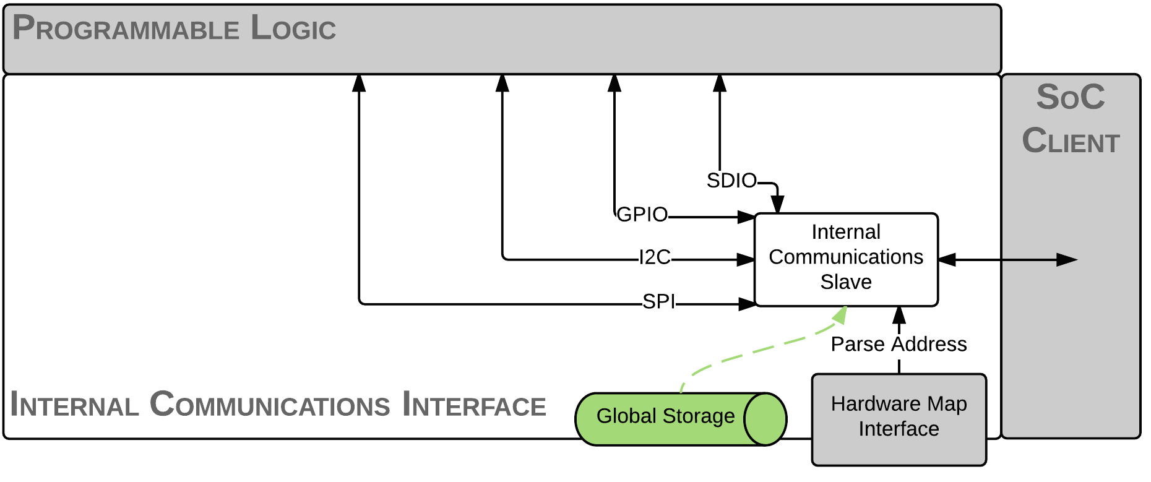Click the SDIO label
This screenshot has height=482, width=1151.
pos(731,181)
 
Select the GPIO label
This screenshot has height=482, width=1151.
pos(642,215)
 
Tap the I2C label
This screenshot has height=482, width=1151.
pos(655,257)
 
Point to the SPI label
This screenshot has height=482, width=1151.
pos(658,301)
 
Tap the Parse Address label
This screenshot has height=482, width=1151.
pos(899,344)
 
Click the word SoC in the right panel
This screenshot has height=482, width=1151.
pos(1071,97)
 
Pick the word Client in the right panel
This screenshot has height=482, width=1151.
pos(1071,141)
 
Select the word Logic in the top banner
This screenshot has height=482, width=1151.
pos(293,28)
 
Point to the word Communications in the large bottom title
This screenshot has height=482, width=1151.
pos(270,405)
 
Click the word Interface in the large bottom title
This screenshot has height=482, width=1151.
pos(474,405)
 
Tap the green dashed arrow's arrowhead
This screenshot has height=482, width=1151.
pos(840,315)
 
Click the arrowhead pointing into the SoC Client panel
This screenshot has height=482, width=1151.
pos(1067,260)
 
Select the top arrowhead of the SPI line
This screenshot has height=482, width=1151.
pos(359,82)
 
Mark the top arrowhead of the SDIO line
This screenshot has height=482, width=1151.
pos(720,82)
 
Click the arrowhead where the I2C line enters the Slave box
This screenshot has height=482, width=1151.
pos(746,260)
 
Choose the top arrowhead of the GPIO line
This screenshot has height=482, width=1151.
pos(614,82)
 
